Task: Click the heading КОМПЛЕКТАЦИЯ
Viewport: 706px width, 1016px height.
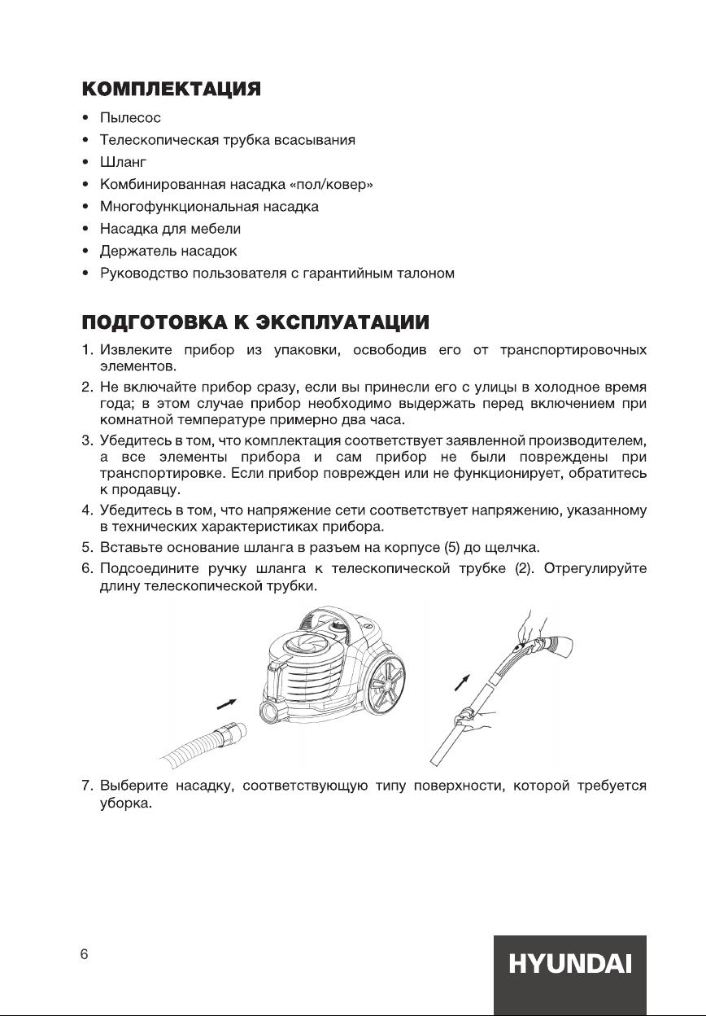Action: click(171, 89)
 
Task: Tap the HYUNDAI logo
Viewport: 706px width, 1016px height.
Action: click(570, 966)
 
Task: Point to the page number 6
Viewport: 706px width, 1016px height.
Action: click(84, 955)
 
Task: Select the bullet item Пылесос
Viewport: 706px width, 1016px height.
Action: click(130, 119)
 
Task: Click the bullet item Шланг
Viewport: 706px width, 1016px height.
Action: click(123, 163)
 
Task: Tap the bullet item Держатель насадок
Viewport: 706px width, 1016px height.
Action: click(168, 251)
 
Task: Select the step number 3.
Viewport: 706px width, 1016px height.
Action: click(85, 441)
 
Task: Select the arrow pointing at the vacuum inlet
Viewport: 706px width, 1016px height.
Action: click(229, 701)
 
